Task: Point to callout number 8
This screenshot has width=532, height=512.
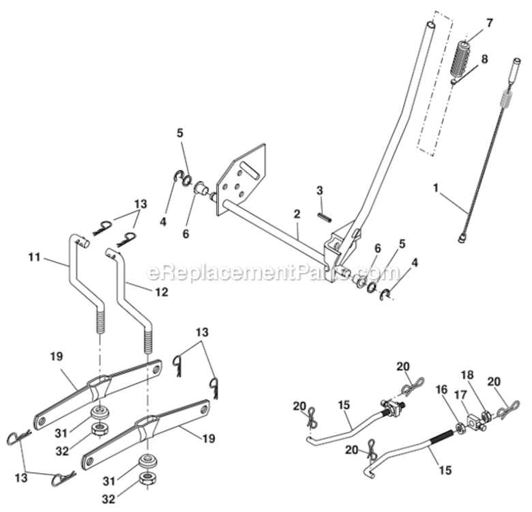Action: coord(484,59)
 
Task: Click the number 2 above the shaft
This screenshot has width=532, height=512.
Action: coord(297,214)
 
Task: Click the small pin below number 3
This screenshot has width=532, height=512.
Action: coord(323,214)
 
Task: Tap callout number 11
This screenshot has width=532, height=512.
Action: coord(35,258)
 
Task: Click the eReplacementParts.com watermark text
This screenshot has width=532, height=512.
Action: coord(273,274)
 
